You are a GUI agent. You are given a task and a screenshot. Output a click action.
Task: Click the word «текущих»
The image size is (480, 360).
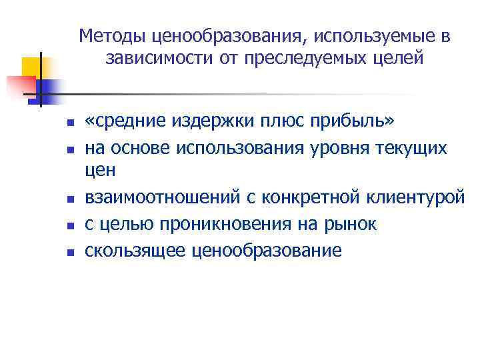click(413, 147)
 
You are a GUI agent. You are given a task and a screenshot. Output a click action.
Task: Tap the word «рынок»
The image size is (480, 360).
click(350, 225)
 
